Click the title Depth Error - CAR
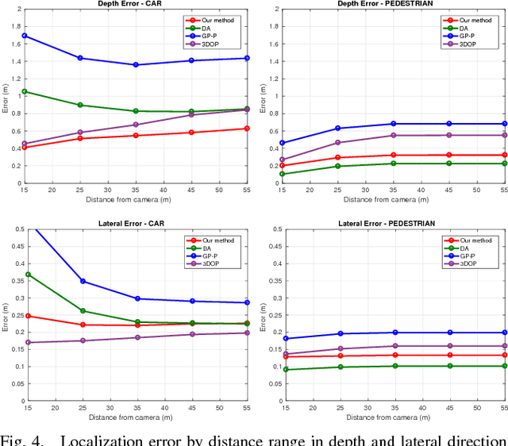click(137, 4)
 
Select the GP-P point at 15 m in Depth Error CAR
click(25, 36)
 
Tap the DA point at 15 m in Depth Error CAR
click(25, 91)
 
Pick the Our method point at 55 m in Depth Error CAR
click(248, 129)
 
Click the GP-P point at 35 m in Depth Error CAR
click(136, 65)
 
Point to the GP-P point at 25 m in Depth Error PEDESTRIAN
click(337, 129)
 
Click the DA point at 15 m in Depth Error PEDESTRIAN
click(282, 174)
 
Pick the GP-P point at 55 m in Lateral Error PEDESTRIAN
click(505, 333)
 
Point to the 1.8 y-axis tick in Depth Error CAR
click(14, 27)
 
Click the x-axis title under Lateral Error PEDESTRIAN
click(393, 417)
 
